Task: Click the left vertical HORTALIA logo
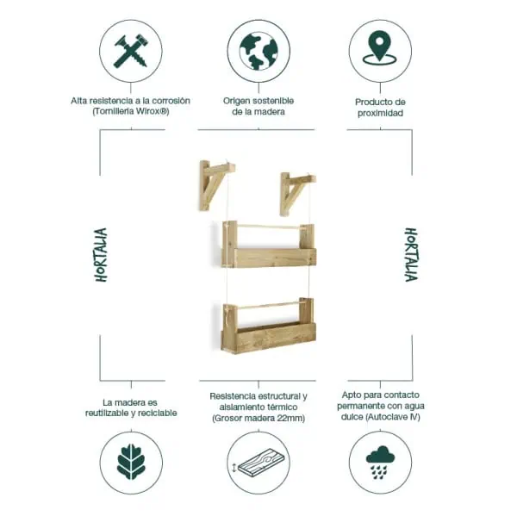[102, 255]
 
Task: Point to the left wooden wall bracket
[215, 183]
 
